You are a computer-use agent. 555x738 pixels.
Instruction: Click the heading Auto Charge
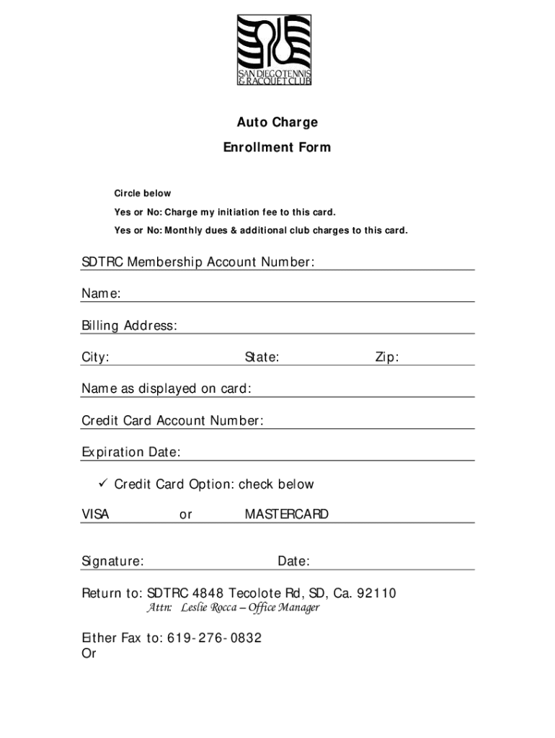277,123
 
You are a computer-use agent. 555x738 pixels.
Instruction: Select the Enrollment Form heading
277,148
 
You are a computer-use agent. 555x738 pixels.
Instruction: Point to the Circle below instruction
143,194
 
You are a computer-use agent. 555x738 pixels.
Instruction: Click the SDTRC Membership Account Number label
198,262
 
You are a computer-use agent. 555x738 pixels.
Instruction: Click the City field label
96,357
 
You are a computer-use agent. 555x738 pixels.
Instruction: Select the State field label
262,357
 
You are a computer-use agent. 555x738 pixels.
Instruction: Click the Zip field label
387,357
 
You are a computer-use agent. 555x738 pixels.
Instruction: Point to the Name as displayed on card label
166,389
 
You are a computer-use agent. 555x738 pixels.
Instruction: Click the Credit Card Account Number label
172,421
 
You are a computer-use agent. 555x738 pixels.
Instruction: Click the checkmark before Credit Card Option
102,484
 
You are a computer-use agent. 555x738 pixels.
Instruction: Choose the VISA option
95,515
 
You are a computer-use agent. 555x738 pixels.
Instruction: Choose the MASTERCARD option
287,515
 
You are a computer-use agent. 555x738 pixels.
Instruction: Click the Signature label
112,561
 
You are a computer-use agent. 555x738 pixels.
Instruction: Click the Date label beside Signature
294,561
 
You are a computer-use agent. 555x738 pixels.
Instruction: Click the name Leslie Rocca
208,608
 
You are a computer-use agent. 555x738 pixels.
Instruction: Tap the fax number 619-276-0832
215,639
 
